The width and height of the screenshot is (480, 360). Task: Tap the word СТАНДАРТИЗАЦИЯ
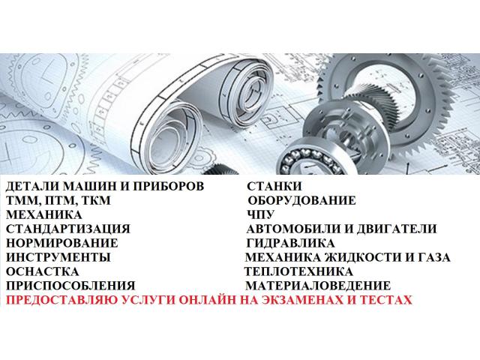[x=68, y=229]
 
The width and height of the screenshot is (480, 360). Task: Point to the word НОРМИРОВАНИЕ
[x=61, y=243]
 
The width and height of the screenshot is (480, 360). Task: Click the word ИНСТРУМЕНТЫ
[x=58, y=257]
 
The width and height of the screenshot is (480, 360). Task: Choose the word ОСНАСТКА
[x=42, y=271]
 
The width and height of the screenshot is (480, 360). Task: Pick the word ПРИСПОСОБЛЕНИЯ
[x=70, y=286]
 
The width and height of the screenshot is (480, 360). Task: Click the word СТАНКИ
[x=274, y=186]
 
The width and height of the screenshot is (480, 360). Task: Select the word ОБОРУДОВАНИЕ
[x=301, y=200]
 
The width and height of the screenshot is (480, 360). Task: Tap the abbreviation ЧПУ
[x=260, y=214]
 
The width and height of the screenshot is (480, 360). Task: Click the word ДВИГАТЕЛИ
[x=397, y=229]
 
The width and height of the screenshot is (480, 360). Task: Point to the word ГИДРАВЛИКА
[x=290, y=243]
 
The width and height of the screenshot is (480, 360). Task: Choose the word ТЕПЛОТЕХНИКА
[x=298, y=271]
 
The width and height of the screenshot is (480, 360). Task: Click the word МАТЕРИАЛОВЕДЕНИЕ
[x=318, y=286]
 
